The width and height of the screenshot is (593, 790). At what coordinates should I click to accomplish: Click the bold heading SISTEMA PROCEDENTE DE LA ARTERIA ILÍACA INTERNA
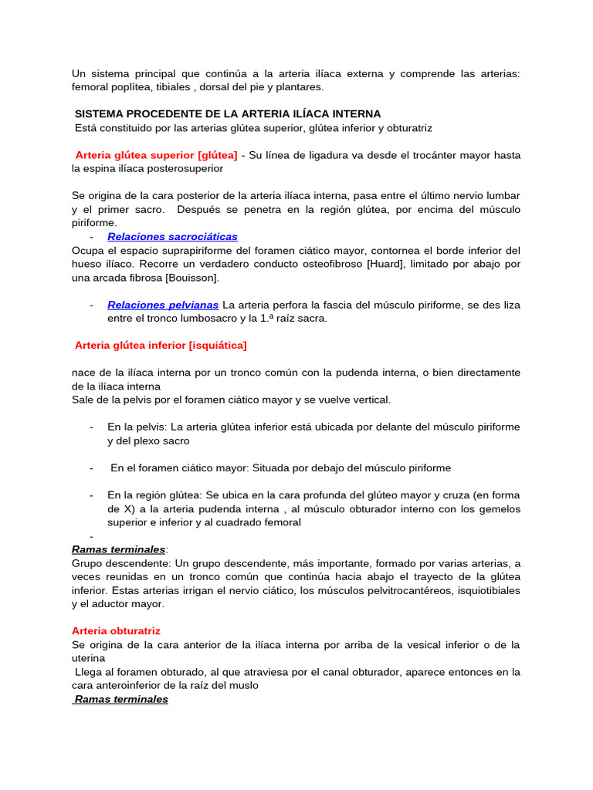(x=228, y=113)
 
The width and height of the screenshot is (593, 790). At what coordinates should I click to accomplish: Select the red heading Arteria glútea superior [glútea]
(x=156, y=155)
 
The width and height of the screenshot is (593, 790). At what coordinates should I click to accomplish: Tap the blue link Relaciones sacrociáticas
(x=172, y=237)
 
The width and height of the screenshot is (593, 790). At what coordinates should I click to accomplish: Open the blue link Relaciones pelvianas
(x=163, y=305)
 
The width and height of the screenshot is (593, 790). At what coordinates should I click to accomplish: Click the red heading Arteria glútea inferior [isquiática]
(x=161, y=345)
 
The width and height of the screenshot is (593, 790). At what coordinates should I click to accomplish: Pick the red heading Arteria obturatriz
(x=116, y=630)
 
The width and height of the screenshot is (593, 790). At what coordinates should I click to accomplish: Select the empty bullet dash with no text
(x=91, y=535)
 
